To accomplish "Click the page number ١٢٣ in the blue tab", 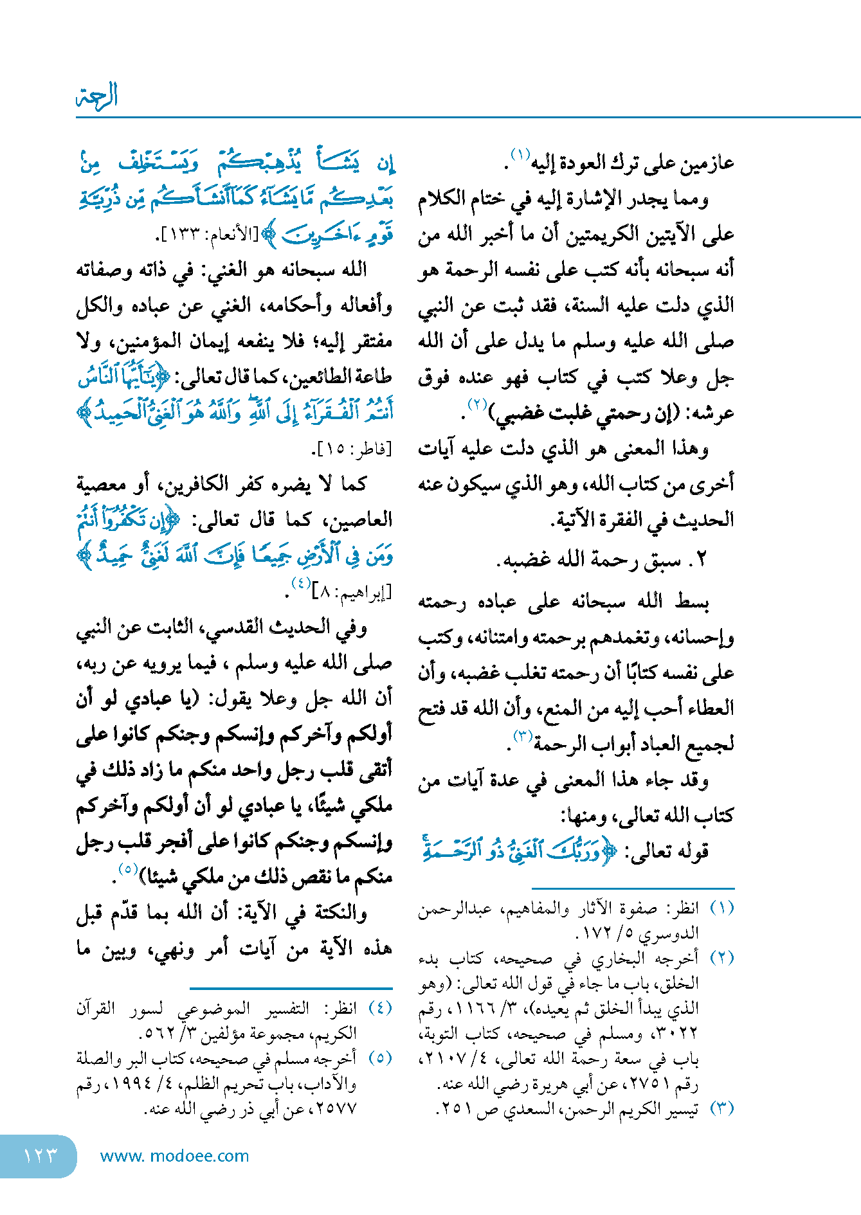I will click(40, 1155).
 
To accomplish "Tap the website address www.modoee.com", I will click(174, 1156).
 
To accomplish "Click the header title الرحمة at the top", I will click(97, 96).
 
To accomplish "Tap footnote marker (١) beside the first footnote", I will click(721, 908).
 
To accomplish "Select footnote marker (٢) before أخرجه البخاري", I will click(721, 958).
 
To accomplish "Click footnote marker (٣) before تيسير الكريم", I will click(721, 1108).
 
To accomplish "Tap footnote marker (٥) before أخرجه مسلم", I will click(380, 1058).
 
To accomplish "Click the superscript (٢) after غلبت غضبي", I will click(478, 405).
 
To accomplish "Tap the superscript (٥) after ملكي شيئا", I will click(128, 869).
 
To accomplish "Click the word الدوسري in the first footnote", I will click(675, 933).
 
